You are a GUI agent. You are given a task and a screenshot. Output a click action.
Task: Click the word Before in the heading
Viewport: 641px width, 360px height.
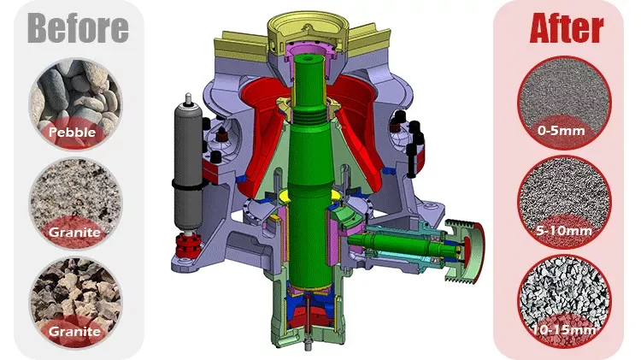(x=78, y=28)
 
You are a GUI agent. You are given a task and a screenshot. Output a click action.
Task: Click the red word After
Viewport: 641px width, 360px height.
(x=567, y=28)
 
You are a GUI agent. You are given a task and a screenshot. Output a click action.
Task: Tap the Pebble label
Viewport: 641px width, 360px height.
(x=72, y=133)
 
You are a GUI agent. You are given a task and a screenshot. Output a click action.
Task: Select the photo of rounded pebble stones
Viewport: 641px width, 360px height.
(x=75, y=103)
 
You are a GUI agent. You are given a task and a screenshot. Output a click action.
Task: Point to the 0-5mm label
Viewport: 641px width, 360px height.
(x=562, y=131)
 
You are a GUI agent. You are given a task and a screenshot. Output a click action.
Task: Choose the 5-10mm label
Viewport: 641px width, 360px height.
(x=564, y=231)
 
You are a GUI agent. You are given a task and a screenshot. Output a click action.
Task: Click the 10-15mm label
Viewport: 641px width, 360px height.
(x=565, y=330)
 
